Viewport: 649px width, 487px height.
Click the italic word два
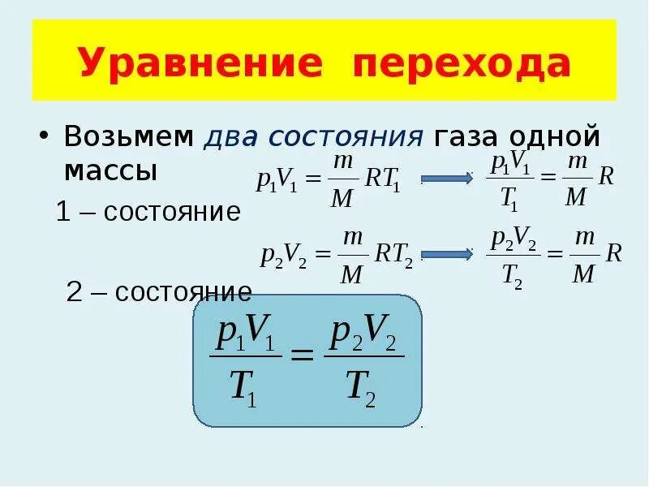pyautogui.click(x=230, y=136)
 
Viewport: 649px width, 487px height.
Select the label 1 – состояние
pyautogui.click(x=148, y=212)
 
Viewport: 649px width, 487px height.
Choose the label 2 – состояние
pyautogui.click(x=159, y=291)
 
